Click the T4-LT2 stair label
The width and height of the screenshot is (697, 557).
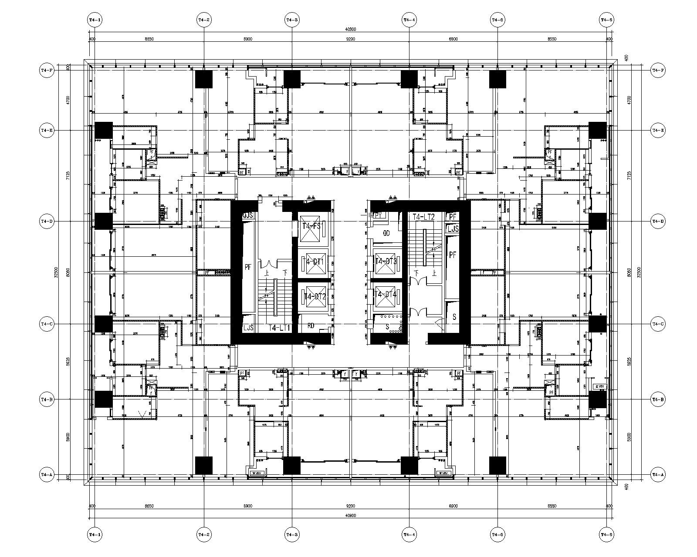pos(423,217)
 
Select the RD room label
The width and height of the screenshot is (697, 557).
pos(311,325)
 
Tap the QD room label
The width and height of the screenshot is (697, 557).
pos(386,233)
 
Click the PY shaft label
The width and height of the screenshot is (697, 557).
pos(378,215)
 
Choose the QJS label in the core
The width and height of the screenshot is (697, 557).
pos(248,215)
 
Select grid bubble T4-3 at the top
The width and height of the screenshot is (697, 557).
pos(291,20)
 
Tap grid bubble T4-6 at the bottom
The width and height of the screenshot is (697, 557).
pos(606,534)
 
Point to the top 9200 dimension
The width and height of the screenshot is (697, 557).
pos(350,39)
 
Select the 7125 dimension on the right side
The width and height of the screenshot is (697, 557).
pos(629,175)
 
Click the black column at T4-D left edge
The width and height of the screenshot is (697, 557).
pos(104,221)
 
